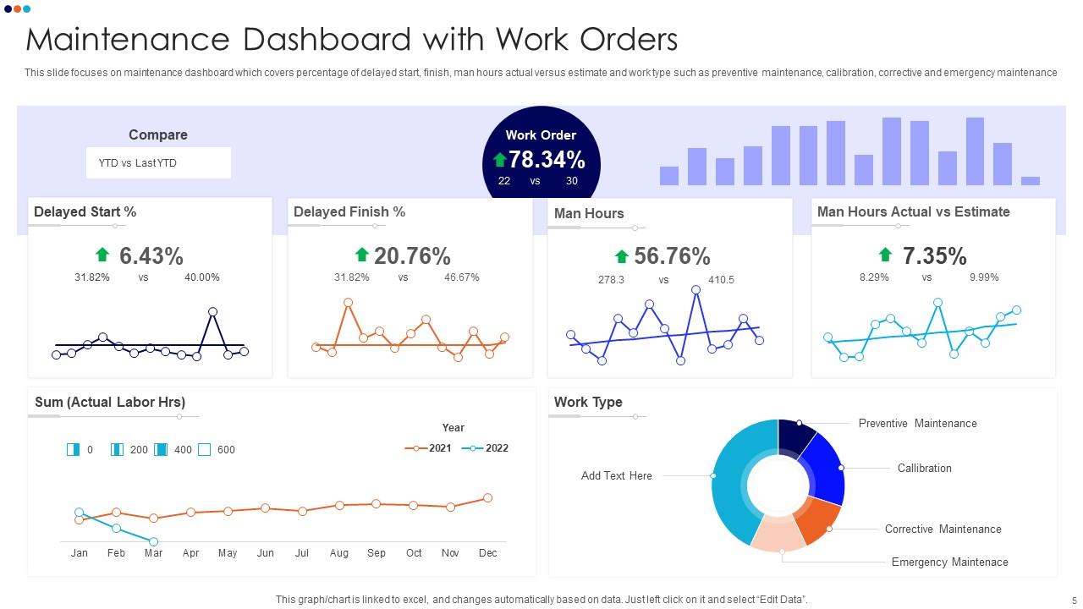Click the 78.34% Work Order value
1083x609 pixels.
point(547,159)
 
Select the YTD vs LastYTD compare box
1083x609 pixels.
point(158,163)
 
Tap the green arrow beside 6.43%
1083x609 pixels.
point(102,255)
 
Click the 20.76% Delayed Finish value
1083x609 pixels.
point(412,255)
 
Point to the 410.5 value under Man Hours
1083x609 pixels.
point(721,280)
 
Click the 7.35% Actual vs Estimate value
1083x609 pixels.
point(934,255)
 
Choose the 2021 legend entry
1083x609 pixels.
point(429,448)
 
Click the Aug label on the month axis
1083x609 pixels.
point(339,553)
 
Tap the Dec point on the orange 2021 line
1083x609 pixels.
point(487,498)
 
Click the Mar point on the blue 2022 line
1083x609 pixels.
point(153,541)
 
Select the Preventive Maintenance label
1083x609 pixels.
point(917,423)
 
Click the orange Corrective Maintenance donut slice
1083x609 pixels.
point(819,521)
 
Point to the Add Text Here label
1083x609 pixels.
point(616,476)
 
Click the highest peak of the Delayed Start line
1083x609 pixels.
point(212,312)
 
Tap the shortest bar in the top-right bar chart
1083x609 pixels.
point(1030,181)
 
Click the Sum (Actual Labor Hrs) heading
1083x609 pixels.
point(110,403)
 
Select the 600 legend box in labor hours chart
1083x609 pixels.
point(205,450)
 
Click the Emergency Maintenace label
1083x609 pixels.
point(949,562)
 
